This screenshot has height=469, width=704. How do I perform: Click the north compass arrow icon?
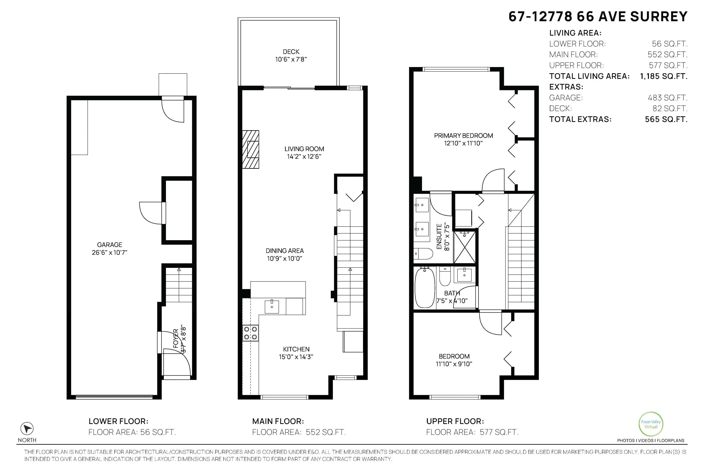point(27,429)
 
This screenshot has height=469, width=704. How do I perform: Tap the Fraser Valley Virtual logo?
point(651,424)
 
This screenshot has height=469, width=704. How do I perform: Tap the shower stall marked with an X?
point(465,247)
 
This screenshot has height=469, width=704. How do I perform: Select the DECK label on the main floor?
point(291,52)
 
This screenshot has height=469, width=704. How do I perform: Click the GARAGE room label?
point(110,245)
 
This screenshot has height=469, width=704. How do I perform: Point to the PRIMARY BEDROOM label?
point(463,136)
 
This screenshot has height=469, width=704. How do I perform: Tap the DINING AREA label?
point(285,251)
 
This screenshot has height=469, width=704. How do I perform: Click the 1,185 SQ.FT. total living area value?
point(664,76)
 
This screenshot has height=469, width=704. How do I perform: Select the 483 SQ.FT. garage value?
point(667,98)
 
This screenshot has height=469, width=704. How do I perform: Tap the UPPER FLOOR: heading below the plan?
point(455,421)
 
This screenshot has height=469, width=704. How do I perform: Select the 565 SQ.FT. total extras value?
point(666,119)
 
